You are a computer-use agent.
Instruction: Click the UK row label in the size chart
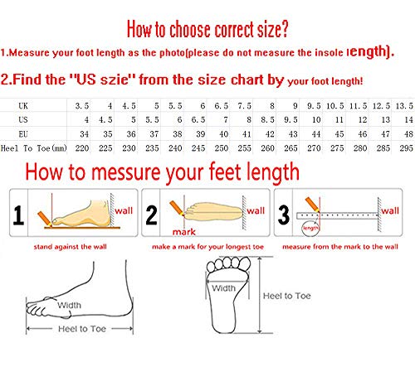[23, 106]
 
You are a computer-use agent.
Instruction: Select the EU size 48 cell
[408, 134]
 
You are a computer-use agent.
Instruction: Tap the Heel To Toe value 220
[82, 148]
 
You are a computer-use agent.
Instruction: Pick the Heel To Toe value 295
[406, 148]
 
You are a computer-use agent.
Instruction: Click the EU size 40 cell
[223, 134]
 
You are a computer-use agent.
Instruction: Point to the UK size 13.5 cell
[404, 106]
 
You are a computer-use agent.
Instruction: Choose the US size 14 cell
[408, 120]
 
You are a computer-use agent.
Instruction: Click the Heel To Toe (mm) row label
[34, 148]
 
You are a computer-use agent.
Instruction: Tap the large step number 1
[18, 215]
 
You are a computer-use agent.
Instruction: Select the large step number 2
[151, 215]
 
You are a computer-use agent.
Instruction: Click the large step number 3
[284, 215]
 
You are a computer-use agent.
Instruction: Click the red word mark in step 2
[184, 232]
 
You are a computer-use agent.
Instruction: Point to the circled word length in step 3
[310, 228]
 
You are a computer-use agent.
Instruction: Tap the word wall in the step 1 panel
[124, 210]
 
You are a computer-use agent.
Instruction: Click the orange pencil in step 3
[313, 205]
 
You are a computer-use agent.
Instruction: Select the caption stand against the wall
[71, 247]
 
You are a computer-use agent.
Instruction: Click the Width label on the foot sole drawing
[223, 288]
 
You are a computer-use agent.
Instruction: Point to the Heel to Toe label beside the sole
[287, 296]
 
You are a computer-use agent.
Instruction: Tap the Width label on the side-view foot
[69, 305]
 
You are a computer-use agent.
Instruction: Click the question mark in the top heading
[284, 29]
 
